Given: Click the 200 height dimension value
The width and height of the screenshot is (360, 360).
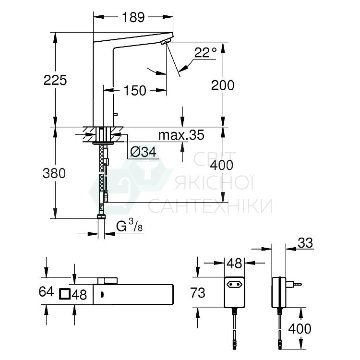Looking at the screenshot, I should pos(223,85).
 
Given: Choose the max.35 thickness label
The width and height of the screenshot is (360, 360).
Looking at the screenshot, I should pos(181,135).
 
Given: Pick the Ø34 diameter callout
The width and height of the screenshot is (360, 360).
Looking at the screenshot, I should pos(143,152).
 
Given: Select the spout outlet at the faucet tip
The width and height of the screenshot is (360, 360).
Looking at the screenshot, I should pos(166,43).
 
